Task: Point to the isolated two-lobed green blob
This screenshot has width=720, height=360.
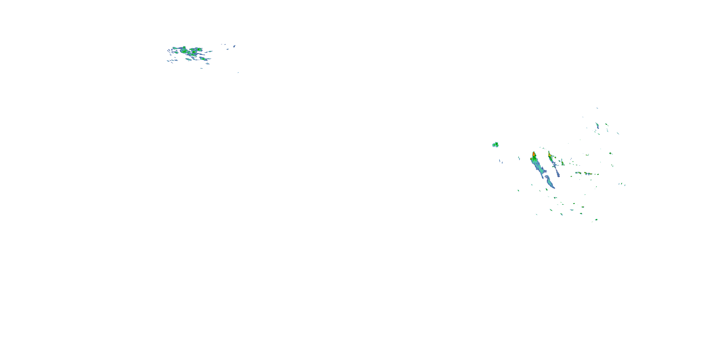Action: (x=495, y=144)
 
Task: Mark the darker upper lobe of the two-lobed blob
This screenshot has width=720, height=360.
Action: (x=496, y=143)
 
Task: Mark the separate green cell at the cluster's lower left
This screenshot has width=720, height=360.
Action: (x=188, y=59)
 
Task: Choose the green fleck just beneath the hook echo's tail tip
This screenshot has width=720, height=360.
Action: (x=546, y=190)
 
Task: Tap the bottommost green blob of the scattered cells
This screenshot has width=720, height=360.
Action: (x=596, y=220)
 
